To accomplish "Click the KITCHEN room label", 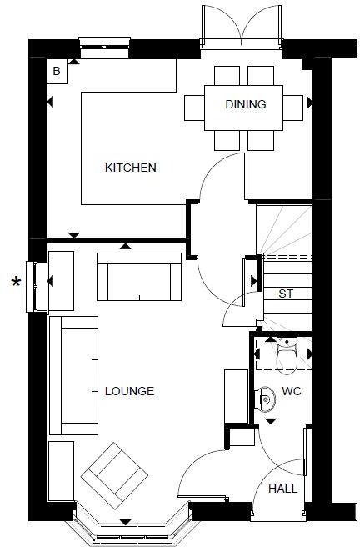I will (x=130, y=168).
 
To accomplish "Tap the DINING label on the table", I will (x=246, y=104).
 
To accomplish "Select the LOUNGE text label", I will (x=129, y=391).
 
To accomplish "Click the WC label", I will (x=291, y=391).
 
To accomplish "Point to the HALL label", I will (x=282, y=491).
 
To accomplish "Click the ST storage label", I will (x=286, y=294).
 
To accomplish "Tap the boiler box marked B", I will (x=57, y=72).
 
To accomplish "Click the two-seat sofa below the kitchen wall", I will (x=140, y=276).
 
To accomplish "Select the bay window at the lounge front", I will (x=126, y=525).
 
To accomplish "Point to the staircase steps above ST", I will (x=282, y=229).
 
